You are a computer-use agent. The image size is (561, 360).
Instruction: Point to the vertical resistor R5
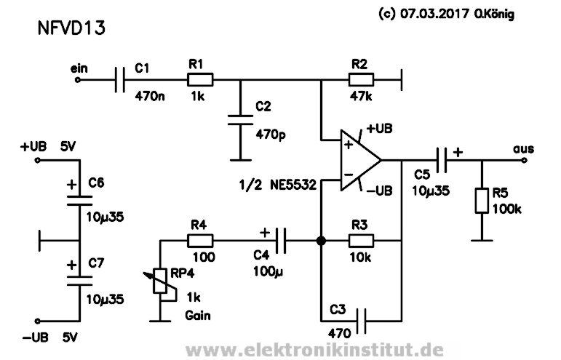pos(481,200)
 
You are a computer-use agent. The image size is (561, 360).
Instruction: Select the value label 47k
pos(362,95)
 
